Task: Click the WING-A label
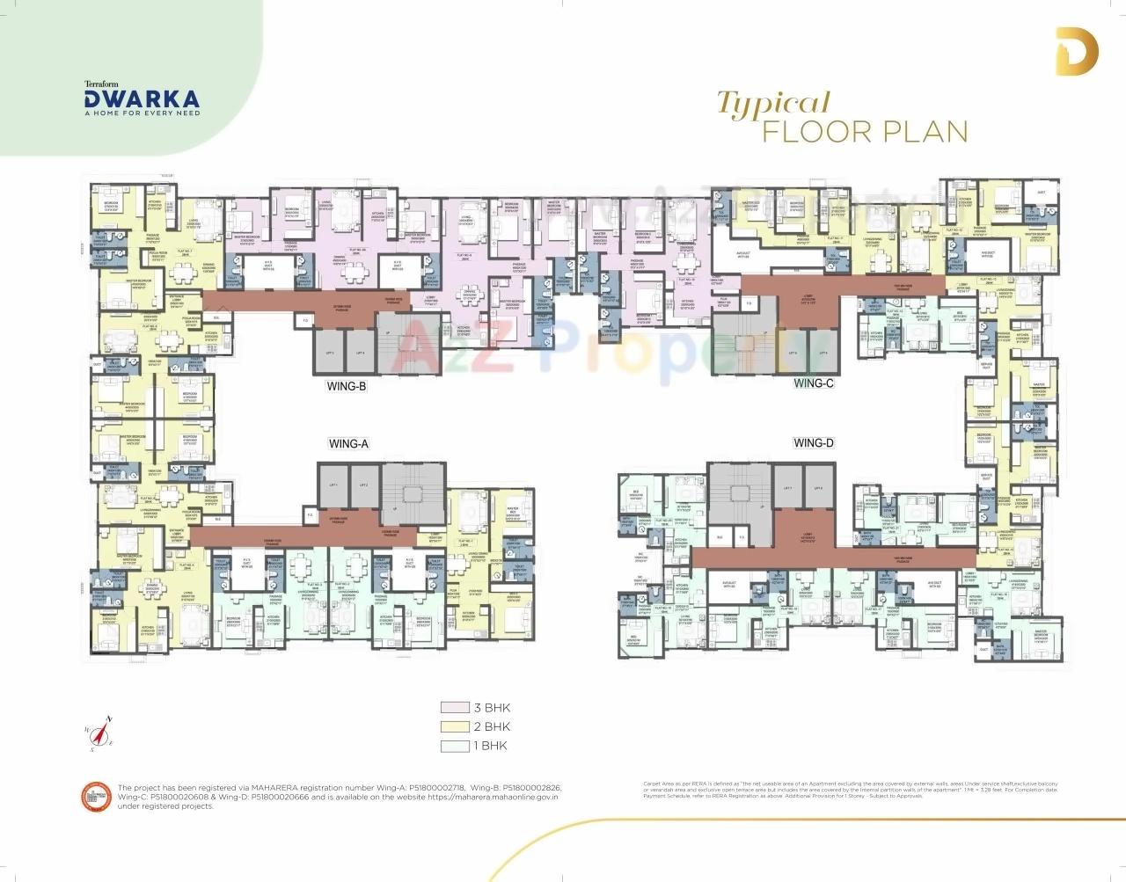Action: (x=347, y=444)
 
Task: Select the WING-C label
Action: (x=813, y=383)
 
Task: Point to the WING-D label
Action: (x=813, y=443)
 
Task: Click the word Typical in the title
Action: (x=773, y=105)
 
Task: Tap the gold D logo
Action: (x=1071, y=53)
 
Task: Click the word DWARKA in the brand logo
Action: (x=142, y=98)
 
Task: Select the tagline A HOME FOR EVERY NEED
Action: (x=142, y=113)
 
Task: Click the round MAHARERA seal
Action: (x=95, y=796)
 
